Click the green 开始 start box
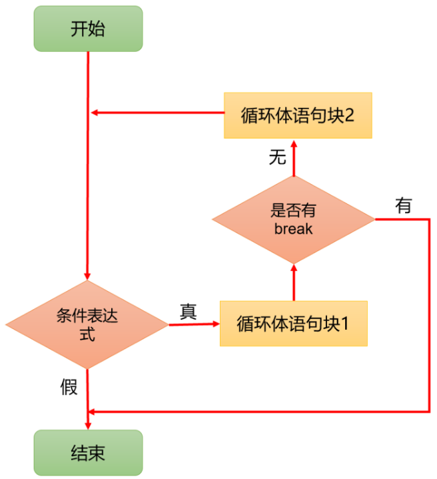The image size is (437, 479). coord(88,29)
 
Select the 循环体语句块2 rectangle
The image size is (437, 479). coord(297,115)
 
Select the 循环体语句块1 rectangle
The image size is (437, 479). coord(293,324)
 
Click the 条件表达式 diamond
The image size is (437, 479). coord(87,324)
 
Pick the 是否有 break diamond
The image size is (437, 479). coord(293,219)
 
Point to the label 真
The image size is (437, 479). coord(189,311)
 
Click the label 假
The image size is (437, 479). coord(69,386)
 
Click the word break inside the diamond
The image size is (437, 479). coord(293,229)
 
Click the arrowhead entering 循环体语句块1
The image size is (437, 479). coord(215,324)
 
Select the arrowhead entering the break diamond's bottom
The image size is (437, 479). coord(293,267)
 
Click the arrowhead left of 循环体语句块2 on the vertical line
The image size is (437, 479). coord(95,113)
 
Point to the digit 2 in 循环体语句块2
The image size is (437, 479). coord(349,115)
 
